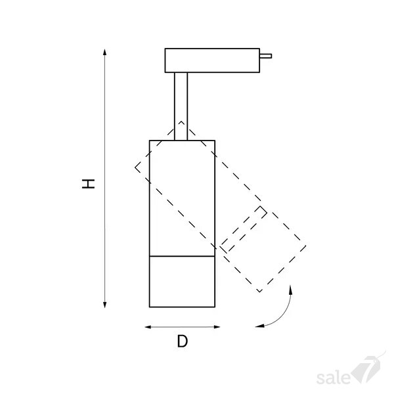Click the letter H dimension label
(89, 184)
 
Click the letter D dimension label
(183, 341)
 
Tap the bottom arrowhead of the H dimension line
(105, 305)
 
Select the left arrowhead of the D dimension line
(148, 327)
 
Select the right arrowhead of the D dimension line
(217, 327)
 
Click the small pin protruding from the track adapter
(265, 56)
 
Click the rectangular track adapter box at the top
(212, 60)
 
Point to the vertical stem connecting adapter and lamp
(181, 106)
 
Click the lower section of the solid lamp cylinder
(182, 282)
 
